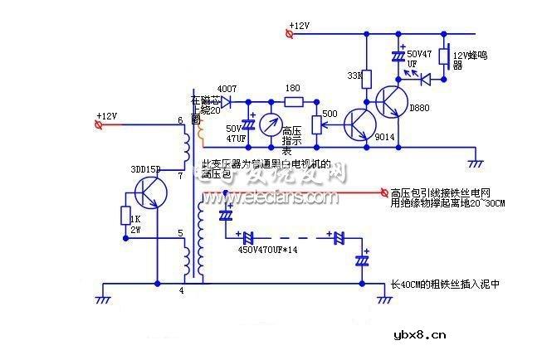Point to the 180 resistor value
pyautogui.click(x=292, y=89)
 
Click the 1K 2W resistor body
pyautogui.click(x=125, y=216)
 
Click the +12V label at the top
pyautogui.click(x=299, y=27)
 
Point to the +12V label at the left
pyautogui.click(x=107, y=115)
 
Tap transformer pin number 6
pyautogui.click(x=180, y=122)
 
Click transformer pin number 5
pyautogui.click(x=180, y=233)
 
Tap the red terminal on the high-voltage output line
pyautogui.click(x=383, y=192)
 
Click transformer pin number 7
pyautogui.click(x=180, y=176)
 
